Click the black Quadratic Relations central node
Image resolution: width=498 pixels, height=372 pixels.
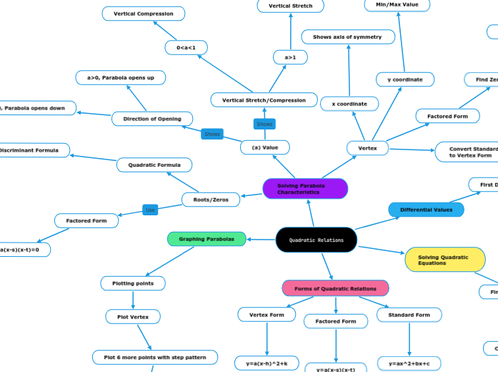[316, 240]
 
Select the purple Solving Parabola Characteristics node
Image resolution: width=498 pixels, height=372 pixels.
[305, 189]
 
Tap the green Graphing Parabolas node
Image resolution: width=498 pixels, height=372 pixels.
[206, 238]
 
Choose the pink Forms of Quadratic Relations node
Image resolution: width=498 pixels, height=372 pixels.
[335, 288]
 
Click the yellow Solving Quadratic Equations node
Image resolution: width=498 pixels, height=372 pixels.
[444, 260]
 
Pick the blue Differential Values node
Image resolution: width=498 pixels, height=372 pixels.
[426, 210]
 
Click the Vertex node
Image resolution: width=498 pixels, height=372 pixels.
[367, 148]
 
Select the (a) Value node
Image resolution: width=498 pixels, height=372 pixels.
[265, 147]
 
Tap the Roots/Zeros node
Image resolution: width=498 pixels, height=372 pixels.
[211, 200]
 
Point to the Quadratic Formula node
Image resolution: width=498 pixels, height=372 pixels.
[154, 165]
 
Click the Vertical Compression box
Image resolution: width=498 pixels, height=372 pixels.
[144, 14]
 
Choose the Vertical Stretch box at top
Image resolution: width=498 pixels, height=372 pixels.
[290, 6]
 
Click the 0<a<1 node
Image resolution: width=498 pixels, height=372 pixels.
[186, 47]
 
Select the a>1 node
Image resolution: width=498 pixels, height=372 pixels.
[290, 57]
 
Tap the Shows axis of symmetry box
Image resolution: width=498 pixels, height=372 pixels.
[347, 36]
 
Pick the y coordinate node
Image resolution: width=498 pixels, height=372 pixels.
[405, 79]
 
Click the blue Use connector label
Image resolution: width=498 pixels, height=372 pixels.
[150, 210]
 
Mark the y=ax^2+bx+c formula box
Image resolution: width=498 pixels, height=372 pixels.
[409, 363]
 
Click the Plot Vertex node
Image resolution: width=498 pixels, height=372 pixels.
[133, 316]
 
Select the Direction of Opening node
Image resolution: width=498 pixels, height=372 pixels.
[152, 119]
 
